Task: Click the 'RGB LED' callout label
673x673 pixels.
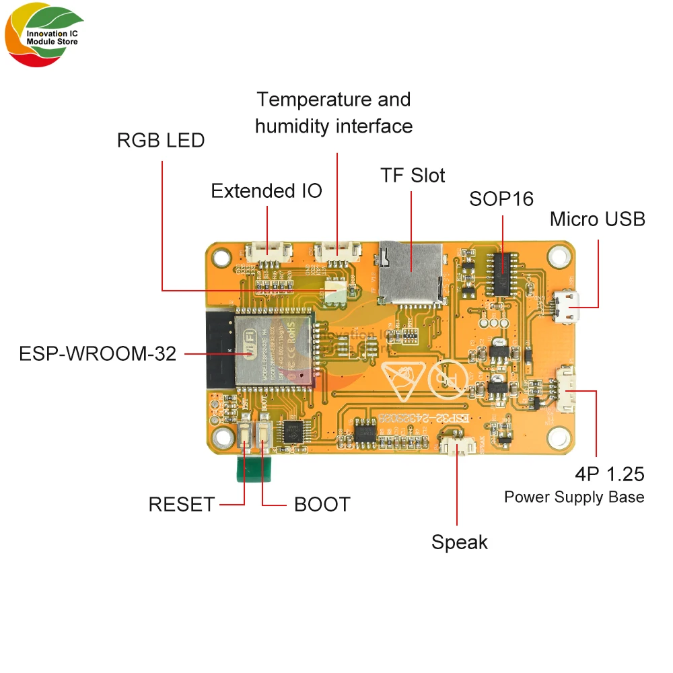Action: (x=160, y=141)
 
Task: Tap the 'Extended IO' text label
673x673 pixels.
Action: (x=267, y=191)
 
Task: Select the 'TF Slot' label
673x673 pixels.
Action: (x=413, y=176)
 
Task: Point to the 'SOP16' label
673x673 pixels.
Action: (x=501, y=199)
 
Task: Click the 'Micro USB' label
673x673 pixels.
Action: (x=597, y=219)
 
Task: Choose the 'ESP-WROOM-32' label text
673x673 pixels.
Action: (x=98, y=353)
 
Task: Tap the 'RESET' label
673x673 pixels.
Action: (x=182, y=504)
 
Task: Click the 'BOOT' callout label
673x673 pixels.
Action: (x=322, y=504)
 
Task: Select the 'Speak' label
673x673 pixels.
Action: (x=460, y=542)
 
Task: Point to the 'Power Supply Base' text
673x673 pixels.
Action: (x=574, y=497)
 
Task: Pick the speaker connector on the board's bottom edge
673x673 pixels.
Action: (x=458, y=447)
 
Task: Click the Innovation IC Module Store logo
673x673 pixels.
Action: (x=44, y=38)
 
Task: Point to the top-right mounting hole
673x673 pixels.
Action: (x=557, y=255)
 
